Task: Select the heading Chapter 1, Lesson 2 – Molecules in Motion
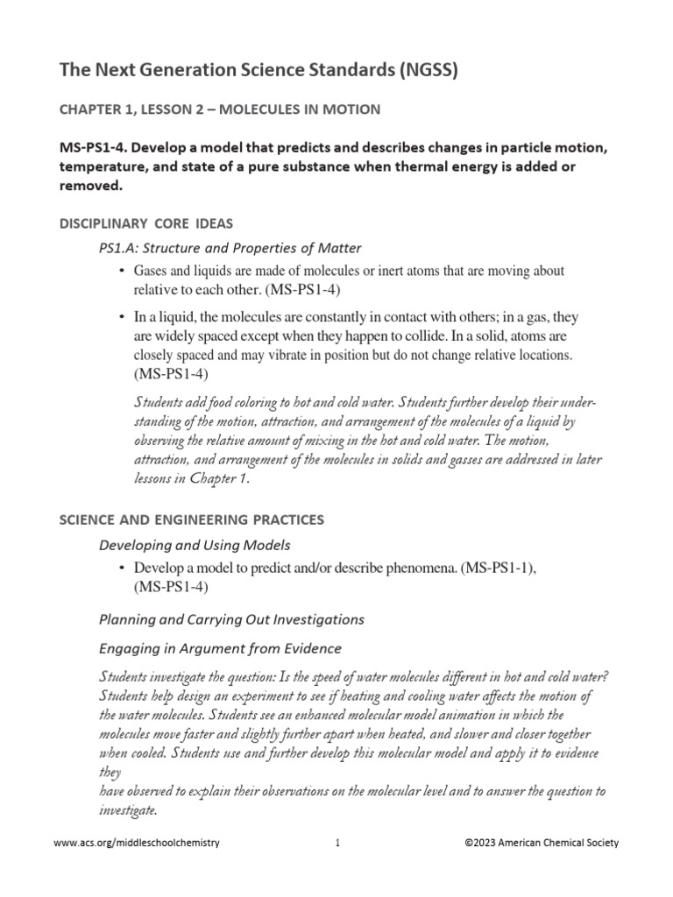pyautogui.click(x=219, y=109)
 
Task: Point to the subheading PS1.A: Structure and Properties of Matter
pyautogui.click(x=230, y=248)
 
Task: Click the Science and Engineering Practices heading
pyautogui.click(x=191, y=519)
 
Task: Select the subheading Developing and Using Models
pyautogui.click(x=195, y=546)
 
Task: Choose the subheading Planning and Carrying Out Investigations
pyautogui.click(x=231, y=619)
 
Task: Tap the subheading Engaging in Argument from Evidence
pyautogui.click(x=220, y=648)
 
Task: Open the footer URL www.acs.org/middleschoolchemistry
pyautogui.click(x=137, y=843)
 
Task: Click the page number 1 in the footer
pyautogui.click(x=336, y=843)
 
